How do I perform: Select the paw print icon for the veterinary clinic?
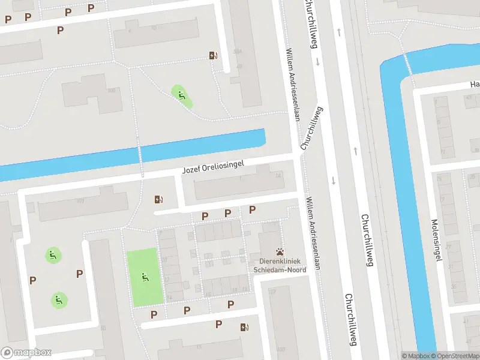coord(280,252)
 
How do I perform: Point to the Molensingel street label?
coord(436,240)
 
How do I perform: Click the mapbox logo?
coord(26,353)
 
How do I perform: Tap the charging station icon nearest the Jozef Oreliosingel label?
coord(159,199)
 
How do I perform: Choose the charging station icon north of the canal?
coord(213,55)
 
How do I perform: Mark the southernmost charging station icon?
coord(244,327)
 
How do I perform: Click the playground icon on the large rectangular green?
coord(145,277)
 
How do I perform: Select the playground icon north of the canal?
coord(181,94)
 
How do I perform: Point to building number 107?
coord(80,200)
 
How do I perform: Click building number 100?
coord(111,91)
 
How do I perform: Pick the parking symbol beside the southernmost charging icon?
coord(219,324)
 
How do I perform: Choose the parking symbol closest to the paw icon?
coord(252,209)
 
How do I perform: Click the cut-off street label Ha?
coord(474,85)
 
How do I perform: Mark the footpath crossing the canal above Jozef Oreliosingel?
coord(140,155)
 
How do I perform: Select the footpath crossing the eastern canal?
coord(408,64)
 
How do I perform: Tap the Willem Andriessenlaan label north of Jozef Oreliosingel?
coord(292,84)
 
